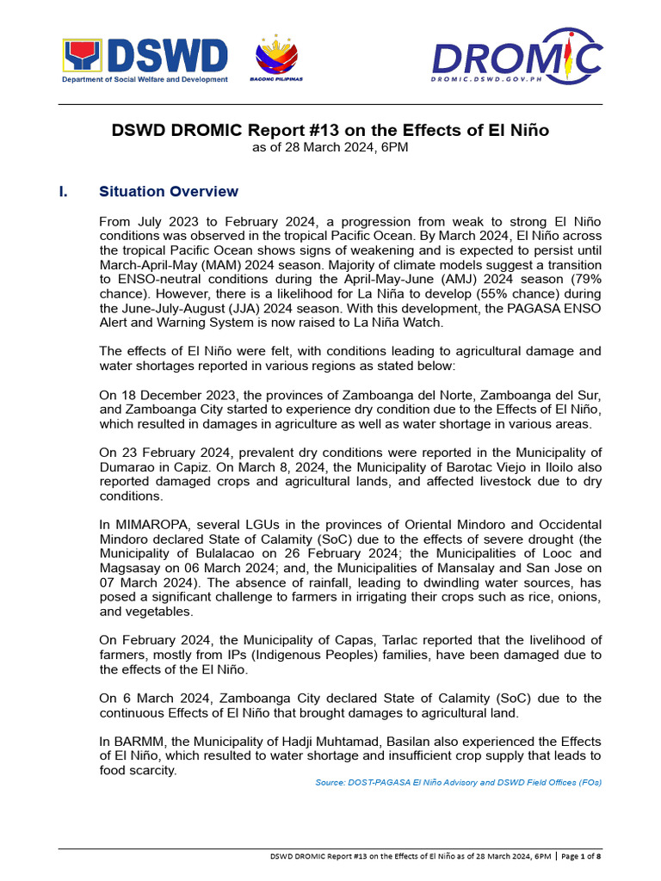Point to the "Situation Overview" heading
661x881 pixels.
169,191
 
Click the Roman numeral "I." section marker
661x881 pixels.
65,191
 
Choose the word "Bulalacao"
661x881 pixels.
193,553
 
